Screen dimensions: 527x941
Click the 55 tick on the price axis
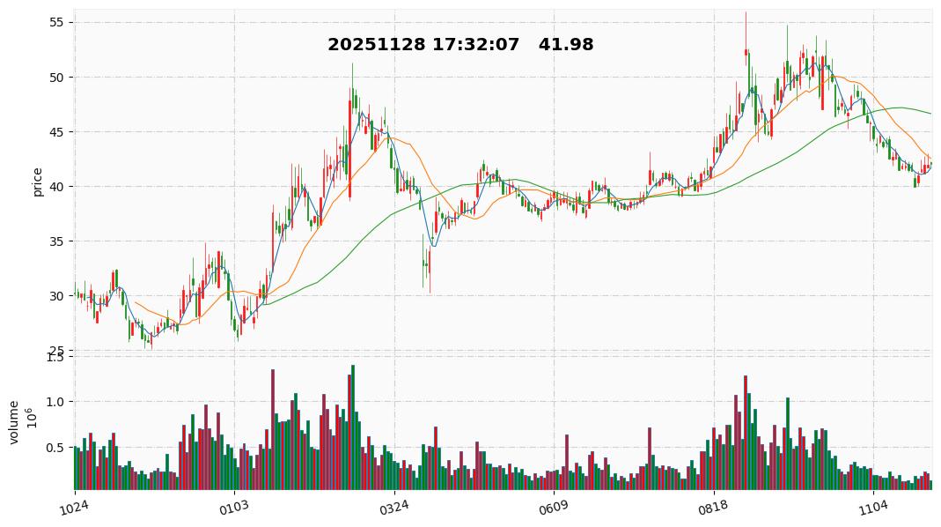point(59,22)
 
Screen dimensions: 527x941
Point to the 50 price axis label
point(59,77)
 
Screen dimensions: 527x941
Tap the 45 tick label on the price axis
point(59,131)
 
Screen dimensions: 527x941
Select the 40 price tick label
point(59,186)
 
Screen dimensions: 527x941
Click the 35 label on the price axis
point(59,241)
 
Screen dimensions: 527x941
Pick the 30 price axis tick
point(59,295)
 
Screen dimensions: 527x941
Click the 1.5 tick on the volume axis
point(55,356)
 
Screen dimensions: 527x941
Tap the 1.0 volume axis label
point(55,402)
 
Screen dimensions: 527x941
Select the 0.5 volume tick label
point(55,448)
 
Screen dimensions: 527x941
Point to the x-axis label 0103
point(233,507)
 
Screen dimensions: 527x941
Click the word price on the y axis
point(38,181)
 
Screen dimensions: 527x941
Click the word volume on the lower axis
point(14,422)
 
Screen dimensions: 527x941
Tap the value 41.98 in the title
point(567,45)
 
